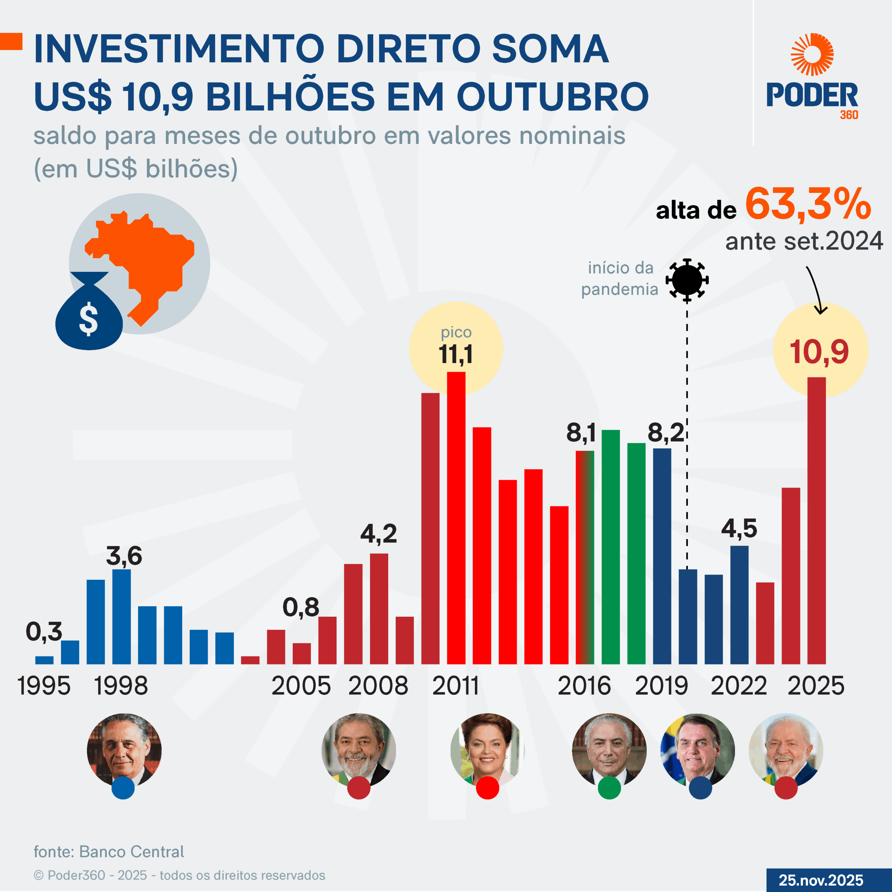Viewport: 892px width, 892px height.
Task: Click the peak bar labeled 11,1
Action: [456, 517]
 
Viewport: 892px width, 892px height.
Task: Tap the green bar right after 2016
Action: [610, 547]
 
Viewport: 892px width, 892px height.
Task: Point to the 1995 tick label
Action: [44, 686]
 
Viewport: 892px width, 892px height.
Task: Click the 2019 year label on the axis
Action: [661, 686]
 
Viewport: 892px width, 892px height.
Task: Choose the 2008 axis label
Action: [378, 686]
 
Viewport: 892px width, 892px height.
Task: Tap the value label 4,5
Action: [739, 528]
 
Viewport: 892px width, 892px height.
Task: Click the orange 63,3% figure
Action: [808, 204]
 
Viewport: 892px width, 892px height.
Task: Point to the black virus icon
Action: [687, 280]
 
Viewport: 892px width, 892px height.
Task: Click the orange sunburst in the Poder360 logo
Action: [812, 54]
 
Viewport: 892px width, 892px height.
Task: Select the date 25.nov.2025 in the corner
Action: [821, 880]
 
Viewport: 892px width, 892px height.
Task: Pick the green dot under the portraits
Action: [609, 788]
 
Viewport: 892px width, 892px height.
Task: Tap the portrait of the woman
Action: [487, 750]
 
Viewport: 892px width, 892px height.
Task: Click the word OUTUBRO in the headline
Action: [553, 97]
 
